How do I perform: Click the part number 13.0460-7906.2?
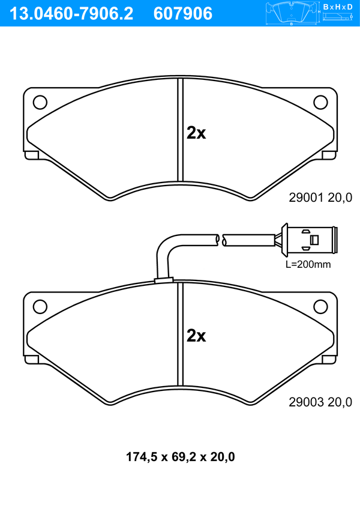click(x=71, y=14)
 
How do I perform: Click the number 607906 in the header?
click(x=183, y=14)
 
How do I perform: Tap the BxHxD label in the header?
click(x=338, y=7)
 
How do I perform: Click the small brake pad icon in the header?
click(x=292, y=13)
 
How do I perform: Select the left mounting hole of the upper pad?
click(x=40, y=102)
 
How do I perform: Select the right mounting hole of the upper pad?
click(x=320, y=102)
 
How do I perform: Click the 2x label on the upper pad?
click(x=196, y=132)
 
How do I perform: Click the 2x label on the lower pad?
click(x=196, y=336)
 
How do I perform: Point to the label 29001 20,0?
click(x=320, y=198)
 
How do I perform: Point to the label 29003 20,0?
click(x=320, y=402)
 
